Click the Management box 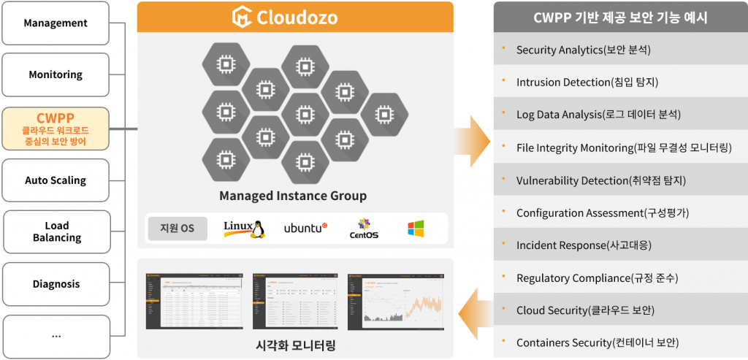[x=56, y=23]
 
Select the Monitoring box [x=56, y=74]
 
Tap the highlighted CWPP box [x=56, y=129]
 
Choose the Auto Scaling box [x=56, y=180]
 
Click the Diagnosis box [x=56, y=284]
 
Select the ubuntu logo [x=305, y=229]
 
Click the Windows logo [x=416, y=229]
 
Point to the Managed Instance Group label [x=293, y=196]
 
